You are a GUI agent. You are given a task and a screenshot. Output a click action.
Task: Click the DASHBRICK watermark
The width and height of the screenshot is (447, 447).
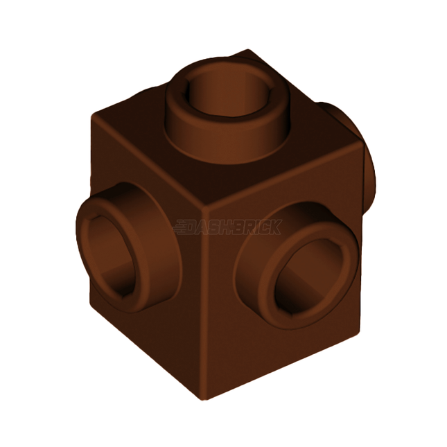click(229, 227)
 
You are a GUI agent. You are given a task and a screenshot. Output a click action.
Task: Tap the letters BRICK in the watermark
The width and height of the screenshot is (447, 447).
click(260, 227)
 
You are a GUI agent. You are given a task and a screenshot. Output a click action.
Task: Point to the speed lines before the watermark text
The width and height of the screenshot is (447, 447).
click(184, 227)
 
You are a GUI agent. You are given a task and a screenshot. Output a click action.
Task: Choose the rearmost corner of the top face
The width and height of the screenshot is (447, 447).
click(246, 51)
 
